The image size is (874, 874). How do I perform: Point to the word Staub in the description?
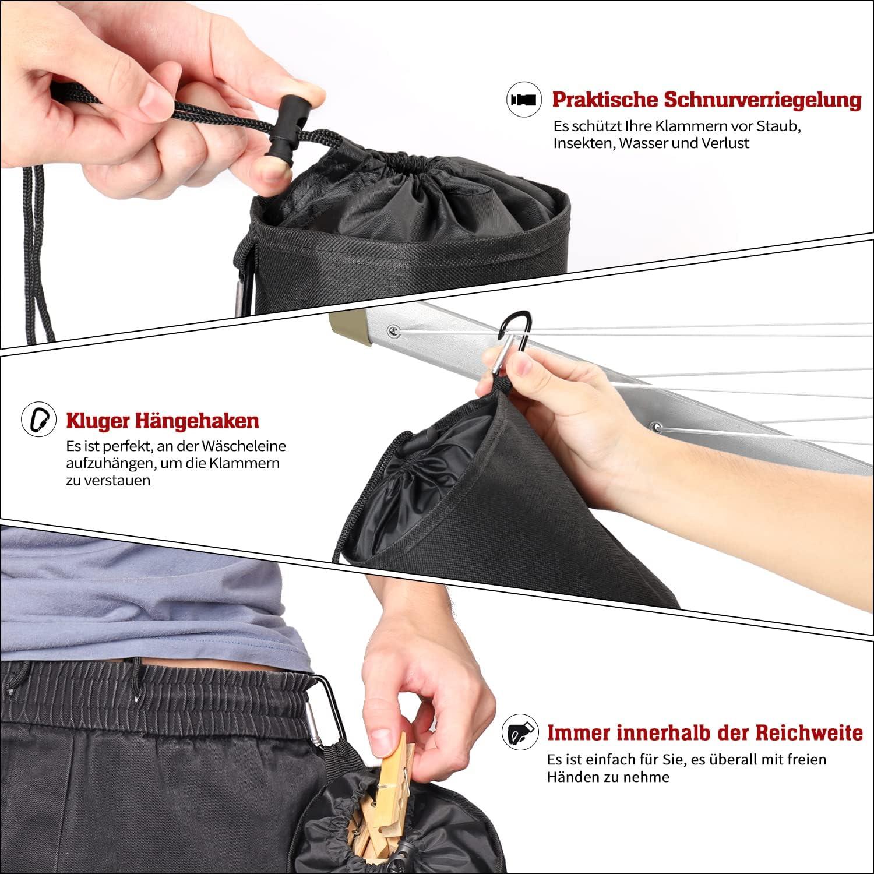coord(781,126)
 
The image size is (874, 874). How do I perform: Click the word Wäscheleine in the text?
coord(246,446)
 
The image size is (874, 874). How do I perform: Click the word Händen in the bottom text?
coord(572,777)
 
